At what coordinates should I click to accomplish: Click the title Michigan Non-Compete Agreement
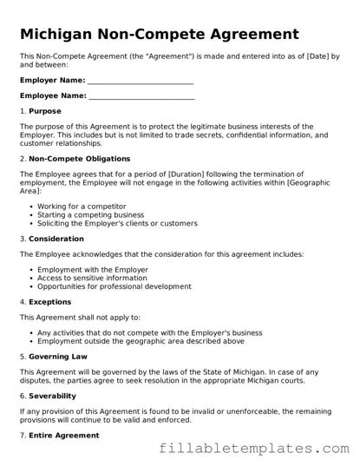tap(160, 34)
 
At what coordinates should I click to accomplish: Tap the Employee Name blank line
tap(141, 95)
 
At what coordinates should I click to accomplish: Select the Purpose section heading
tap(45, 112)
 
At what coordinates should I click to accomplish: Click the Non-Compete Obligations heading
tap(79, 159)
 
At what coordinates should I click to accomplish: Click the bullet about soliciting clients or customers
tap(117, 224)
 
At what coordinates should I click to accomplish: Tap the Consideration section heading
tap(56, 239)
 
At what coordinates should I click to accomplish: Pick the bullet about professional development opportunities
tap(114, 287)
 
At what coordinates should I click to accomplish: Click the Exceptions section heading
tap(51, 302)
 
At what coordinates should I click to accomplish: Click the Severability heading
tap(52, 396)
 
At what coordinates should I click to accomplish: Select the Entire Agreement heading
tap(63, 435)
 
